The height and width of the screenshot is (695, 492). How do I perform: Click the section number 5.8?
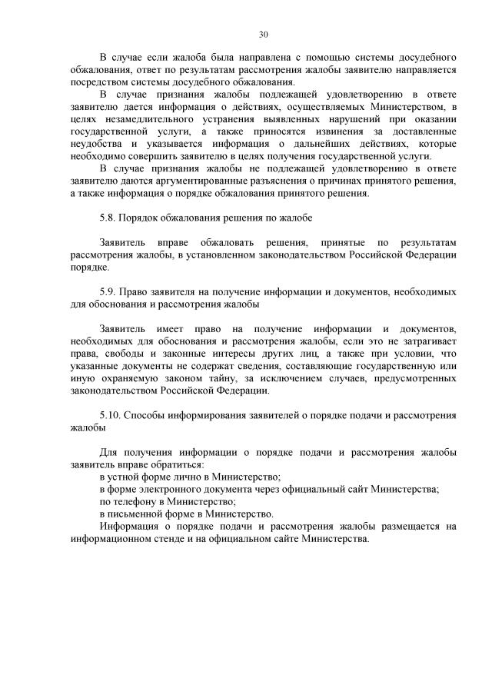110,218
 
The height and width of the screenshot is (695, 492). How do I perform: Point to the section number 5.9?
110,291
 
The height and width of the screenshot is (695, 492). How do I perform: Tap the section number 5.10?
113,415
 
